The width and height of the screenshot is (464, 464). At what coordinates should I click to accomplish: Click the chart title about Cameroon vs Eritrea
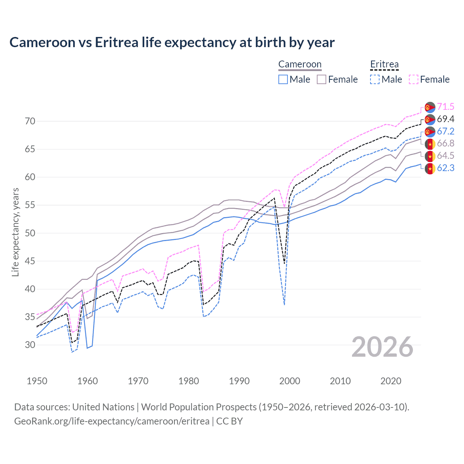[x=172, y=42]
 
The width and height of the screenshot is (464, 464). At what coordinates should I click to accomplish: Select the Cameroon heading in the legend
[x=300, y=65]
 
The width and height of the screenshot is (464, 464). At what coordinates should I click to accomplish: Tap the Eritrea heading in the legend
[x=384, y=65]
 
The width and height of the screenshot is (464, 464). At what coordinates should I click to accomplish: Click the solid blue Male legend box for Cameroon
[x=283, y=79]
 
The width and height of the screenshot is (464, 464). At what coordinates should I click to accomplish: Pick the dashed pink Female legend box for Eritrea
[x=414, y=79]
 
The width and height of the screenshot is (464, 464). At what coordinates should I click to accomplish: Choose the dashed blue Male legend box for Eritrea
[x=375, y=79]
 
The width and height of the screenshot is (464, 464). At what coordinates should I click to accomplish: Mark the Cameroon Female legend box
[x=322, y=79]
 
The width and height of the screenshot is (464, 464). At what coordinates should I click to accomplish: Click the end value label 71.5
[x=446, y=107]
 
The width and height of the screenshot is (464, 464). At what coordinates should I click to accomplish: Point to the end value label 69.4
[x=446, y=119]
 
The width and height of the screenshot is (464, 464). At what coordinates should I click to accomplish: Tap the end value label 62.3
[x=446, y=168]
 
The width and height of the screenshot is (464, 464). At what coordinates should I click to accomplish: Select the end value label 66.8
[x=446, y=144]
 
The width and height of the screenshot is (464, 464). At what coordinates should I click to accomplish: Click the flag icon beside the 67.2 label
[x=430, y=132]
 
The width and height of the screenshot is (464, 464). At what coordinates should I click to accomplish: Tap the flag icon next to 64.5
[x=430, y=156]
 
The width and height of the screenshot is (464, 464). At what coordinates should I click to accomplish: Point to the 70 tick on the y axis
[x=30, y=121]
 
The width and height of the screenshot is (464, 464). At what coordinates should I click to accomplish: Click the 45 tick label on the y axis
[x=30, y=261]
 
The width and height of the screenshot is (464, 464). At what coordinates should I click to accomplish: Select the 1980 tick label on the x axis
[x=188, y=381]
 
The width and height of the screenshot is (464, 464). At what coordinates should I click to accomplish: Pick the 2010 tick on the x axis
[x=340, y=381]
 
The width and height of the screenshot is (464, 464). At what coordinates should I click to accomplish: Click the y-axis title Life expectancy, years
[x=16, y=232]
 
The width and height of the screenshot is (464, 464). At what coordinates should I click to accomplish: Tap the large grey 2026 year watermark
[x=382, y=347]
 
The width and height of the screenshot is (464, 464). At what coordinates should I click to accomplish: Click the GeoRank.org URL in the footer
[x=112, y=421]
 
